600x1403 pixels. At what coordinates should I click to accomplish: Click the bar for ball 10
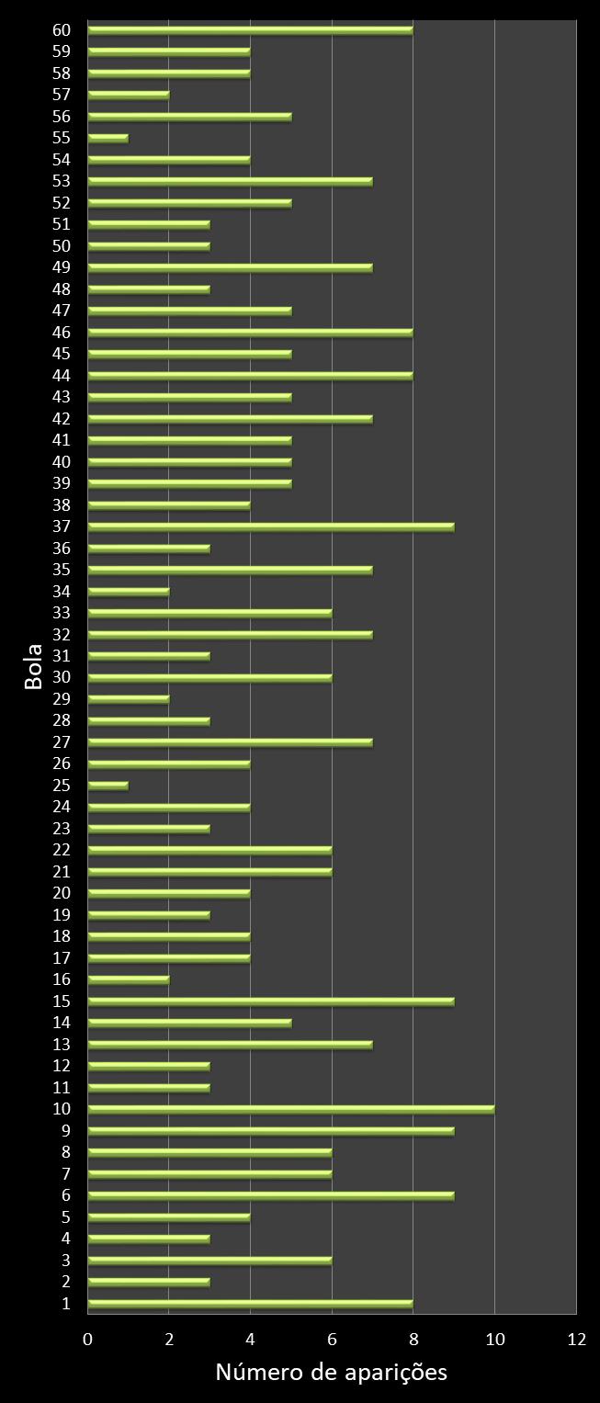(291, 1109)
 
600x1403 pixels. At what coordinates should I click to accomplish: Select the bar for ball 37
(271, 526)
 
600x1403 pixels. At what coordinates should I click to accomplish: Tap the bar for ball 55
(108, 138)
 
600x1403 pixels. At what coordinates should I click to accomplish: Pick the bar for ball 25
(108, 786)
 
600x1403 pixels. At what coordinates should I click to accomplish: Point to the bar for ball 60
(251, 29)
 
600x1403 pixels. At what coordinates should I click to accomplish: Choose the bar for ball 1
(251, 1303)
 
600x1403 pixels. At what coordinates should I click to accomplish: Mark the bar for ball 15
(271, 1001)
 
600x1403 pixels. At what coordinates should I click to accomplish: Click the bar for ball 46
(251, 332)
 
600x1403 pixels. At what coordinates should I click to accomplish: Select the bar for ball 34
(129, 591)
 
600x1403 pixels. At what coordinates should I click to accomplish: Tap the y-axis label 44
(62, 375)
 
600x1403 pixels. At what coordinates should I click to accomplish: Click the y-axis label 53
(62, 181)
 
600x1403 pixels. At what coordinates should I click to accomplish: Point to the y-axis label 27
(62, 741)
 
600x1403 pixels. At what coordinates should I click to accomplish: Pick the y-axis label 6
(65, 1195)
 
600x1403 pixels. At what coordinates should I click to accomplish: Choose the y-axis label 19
(62, 914)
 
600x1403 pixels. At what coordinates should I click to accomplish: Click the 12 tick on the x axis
(576, 1340)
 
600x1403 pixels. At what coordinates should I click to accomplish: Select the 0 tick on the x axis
(88, 1340)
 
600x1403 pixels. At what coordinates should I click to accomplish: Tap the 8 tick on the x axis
(413, 1340)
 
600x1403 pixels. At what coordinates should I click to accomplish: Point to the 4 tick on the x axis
(251, 1340)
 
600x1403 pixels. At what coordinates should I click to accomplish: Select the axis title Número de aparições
(331, 1373)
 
